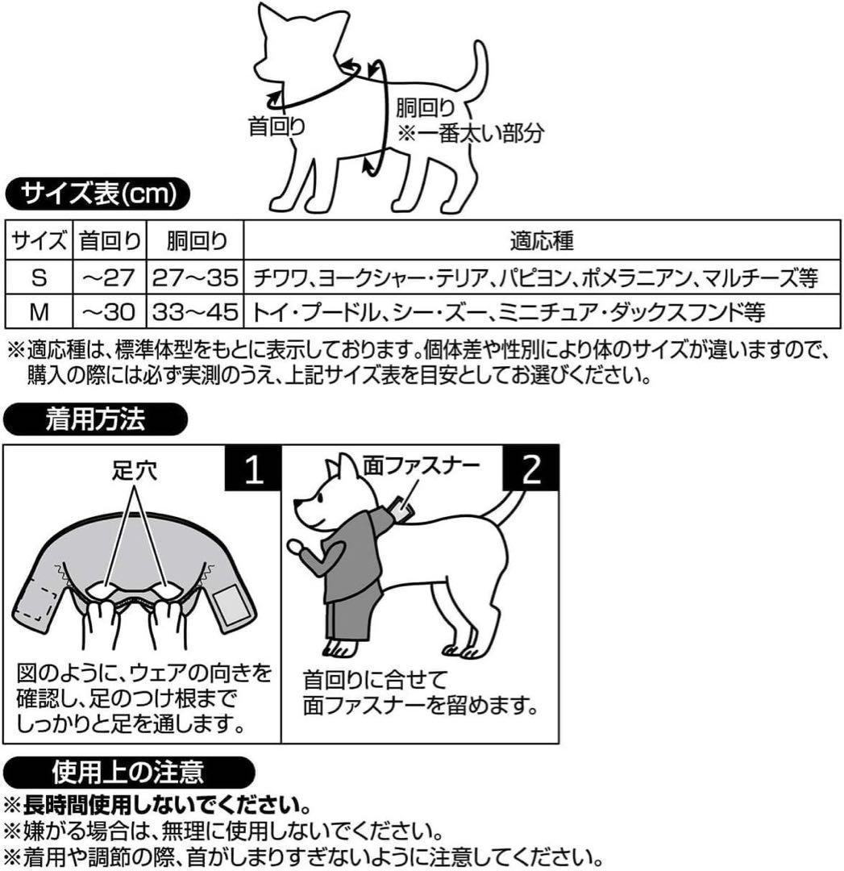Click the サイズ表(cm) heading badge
click(98, 194)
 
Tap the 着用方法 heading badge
click(95, 419)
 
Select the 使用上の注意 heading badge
click(129, 772)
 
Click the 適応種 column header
click(542, 240)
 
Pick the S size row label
click(39, 277)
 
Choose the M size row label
click(39, 312)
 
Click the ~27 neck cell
click(109, 277)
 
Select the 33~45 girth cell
click(195, 312)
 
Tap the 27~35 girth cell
click(195, 277)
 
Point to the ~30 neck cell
click(109, 312)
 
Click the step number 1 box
click(253, 468)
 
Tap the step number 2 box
click(531, 468)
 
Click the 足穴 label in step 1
click(135, 470)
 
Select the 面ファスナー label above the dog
click(422, 465)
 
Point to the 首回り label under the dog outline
click(276, 126)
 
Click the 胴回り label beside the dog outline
click(426, 108)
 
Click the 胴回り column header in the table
click(195, 241)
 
